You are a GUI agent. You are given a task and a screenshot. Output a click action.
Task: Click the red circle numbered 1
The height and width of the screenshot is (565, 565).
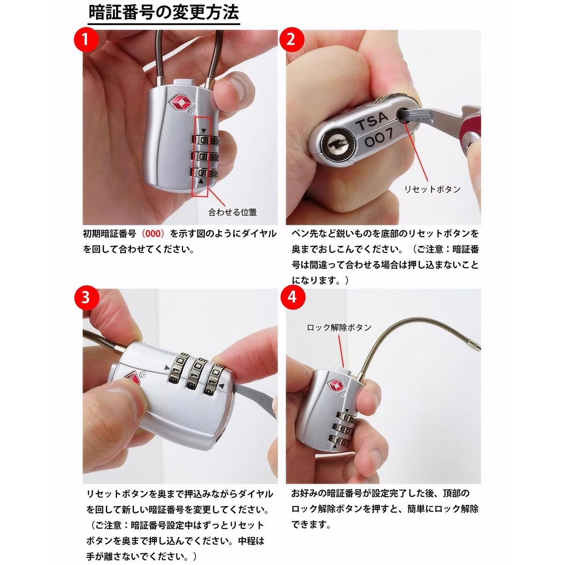(86, 40)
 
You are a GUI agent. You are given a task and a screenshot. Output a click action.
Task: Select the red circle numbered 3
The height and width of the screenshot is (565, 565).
(86, 298)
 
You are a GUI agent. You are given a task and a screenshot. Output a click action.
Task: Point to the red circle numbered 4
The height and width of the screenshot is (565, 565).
(293, 298)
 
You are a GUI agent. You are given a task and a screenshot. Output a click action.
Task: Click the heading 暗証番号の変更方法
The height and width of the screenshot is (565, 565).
(164, 13)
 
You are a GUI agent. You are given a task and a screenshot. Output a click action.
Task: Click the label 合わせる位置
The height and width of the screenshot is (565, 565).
(233, 212)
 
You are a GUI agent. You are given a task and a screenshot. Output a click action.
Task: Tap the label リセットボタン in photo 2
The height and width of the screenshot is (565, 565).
(433, 189)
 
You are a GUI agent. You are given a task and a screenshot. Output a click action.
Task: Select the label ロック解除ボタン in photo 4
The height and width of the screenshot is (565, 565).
(339, 328)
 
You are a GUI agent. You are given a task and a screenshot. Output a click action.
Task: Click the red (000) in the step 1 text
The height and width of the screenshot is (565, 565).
(152, 234)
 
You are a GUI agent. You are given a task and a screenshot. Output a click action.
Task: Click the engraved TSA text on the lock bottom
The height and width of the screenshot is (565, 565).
(372, 121)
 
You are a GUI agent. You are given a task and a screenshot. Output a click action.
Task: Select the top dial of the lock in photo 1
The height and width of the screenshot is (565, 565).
(205, 140)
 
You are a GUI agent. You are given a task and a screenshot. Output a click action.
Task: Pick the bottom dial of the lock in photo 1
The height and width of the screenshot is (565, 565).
(205, 173)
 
